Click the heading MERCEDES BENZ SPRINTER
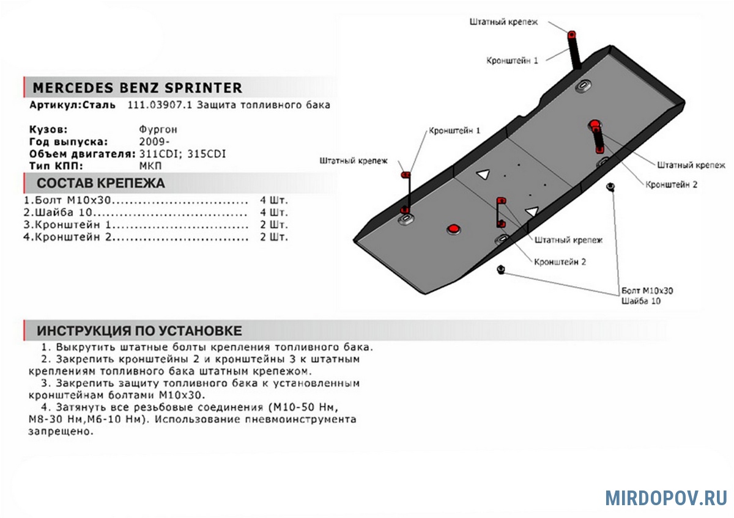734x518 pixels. (137, 88)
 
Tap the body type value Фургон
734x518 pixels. (158, 130)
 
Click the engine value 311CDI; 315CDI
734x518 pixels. (183, 154)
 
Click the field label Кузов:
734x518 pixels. (48, 130)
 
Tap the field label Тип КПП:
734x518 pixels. (56, 166)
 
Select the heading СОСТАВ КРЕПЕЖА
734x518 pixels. (101, 183)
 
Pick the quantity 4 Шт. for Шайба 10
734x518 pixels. (273, 213)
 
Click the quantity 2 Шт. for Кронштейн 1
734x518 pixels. (273, 225)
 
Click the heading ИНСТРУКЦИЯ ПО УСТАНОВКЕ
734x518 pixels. (139, 331)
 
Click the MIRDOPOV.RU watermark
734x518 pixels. (666, 498)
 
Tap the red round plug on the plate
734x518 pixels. (453, 228)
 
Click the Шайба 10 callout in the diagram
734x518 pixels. (640, 301)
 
